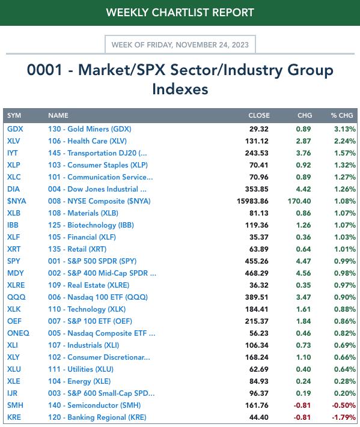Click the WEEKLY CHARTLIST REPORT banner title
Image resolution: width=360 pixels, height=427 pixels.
tap(180, 13)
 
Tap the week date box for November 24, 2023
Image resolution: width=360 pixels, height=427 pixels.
tap(180, 44)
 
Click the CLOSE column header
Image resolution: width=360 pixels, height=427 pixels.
tap(259, 115)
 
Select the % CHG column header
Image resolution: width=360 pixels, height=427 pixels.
tap(342, 115)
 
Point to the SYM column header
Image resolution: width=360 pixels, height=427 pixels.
tap(14, 115)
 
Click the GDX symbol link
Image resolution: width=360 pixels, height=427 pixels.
tap(15, 129)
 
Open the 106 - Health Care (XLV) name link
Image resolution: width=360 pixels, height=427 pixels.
tap(88, 141)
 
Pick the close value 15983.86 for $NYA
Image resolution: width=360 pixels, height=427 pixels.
tap(252, 201)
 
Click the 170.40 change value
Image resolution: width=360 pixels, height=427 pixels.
tap(299, 201)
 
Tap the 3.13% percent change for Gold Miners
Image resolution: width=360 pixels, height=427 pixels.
tap(345, 129)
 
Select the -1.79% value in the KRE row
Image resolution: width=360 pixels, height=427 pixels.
tap(344, 417)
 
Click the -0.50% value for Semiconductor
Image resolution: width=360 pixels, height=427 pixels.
tap(344, 405)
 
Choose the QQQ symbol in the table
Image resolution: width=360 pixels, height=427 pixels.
tap(16, 297)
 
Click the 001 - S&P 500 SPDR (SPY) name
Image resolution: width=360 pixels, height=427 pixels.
tap(93, 261)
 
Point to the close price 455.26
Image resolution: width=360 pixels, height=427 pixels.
tap(257, 261)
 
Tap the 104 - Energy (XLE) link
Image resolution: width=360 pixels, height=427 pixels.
tap(79, 381)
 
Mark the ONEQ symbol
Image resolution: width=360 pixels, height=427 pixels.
tap(18, 333)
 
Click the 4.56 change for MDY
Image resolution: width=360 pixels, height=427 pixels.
tap(304, 273)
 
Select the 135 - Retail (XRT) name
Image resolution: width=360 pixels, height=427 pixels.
tap(77, 249)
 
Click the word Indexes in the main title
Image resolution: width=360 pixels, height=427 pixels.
tap(180, 89)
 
